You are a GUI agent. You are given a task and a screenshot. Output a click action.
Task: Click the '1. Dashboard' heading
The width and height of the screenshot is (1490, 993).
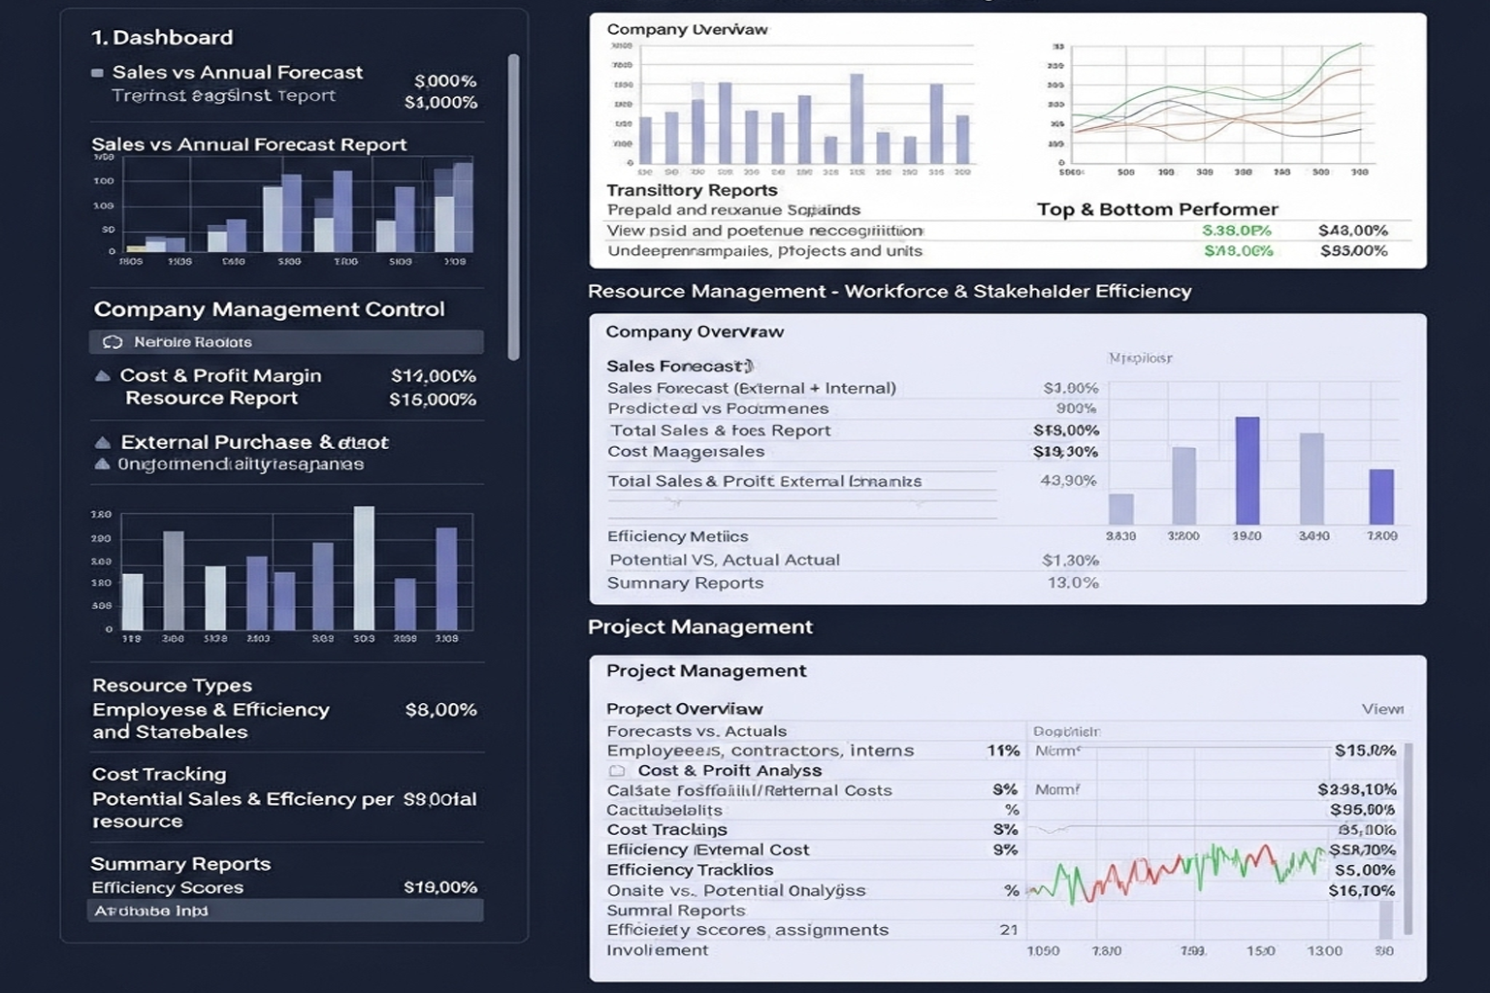(x=162, y=38)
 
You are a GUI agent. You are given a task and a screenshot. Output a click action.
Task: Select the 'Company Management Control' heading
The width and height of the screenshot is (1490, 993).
(x=269, y=309)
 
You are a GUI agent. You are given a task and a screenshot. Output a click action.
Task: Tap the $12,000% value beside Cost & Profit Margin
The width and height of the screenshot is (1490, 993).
(x=433, y=376)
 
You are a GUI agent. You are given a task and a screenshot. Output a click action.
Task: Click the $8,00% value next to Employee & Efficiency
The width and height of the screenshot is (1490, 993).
(x=440, y=710)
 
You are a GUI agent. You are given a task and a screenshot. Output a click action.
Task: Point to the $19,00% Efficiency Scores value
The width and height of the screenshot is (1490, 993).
(x=439, y=887)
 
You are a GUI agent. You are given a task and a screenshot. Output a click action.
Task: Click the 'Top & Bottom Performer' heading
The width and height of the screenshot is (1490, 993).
(x=1156, y=209)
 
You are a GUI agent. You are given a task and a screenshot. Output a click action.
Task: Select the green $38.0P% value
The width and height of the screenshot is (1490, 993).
(x=1236, y=231)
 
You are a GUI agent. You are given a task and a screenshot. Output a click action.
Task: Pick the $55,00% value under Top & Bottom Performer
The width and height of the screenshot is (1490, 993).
(x=1353, y=251)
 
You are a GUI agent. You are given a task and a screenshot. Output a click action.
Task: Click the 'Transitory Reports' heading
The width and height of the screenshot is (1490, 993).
(x=692, y=190)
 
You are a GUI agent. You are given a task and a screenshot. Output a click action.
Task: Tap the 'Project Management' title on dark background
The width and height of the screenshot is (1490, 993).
(x=699, y=626)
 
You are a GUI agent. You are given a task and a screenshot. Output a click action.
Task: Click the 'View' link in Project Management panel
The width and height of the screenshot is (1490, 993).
(x=1381, y=709)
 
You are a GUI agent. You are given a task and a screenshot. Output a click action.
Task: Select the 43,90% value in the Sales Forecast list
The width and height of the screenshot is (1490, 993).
(x=1067, y=481)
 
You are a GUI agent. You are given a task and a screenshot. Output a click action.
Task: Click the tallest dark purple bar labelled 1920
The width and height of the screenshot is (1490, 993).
(x=1247, y=470)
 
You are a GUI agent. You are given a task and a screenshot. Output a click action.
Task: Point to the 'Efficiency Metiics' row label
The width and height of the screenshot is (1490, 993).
(x=677, y=536)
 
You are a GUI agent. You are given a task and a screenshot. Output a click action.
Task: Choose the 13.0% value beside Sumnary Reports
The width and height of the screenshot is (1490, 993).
(x=1072, y=583)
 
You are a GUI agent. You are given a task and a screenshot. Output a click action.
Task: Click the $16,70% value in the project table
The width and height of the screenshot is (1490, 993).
(x=1361, y=890)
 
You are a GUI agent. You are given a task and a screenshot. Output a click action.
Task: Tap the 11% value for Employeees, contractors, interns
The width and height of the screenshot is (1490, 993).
(x=1002, y=751)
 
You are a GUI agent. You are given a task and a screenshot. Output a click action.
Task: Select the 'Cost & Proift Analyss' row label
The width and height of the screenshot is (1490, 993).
(x=729, y=771)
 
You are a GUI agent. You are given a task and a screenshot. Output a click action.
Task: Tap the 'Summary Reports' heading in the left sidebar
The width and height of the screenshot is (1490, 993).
(x=180, y=864)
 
